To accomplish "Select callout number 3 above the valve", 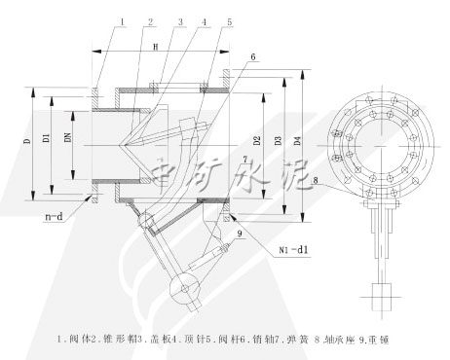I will tap(178, 19).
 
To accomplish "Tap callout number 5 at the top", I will tap(229, 19).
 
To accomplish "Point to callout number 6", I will tap(252, 57).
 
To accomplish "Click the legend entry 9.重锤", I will tap(378, 341).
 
